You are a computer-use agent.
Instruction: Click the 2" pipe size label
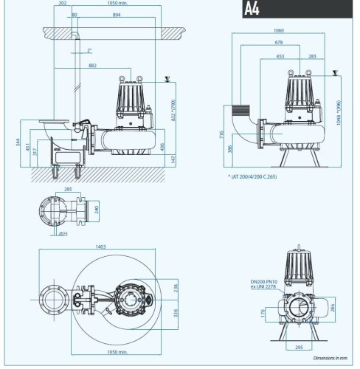click(x=89, y=51)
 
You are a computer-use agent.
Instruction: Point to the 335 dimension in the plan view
click(x=176, y=312)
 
